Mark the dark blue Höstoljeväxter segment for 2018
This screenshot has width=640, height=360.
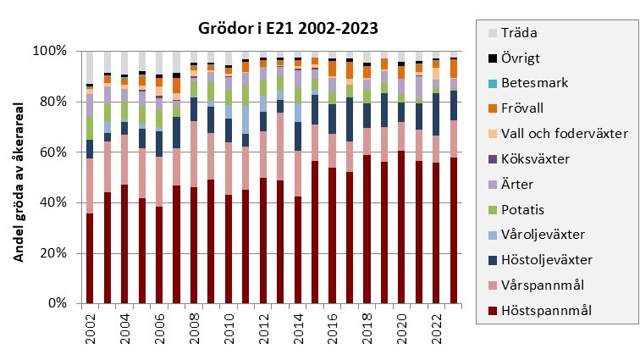click(x=367, y=115)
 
